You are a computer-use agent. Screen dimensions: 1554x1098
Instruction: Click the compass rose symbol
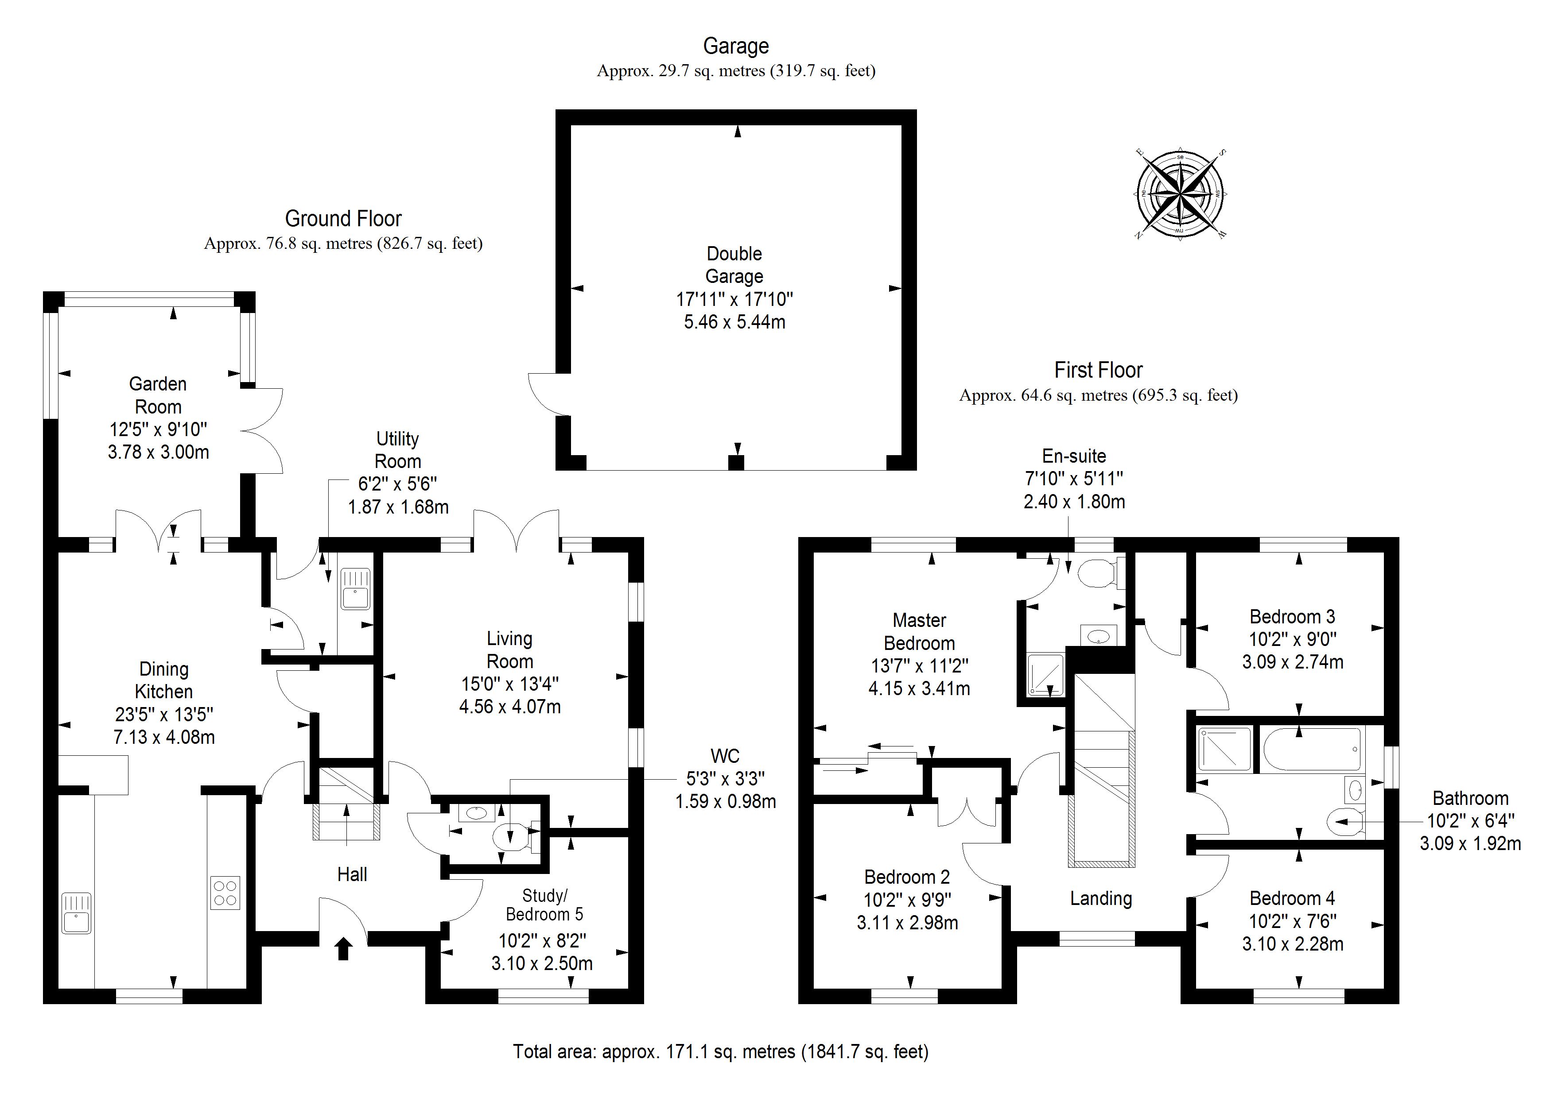pyautogui.click(x=1180, y=194)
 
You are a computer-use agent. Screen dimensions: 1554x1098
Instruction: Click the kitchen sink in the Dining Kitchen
pyautogui.click(x=77, y=913)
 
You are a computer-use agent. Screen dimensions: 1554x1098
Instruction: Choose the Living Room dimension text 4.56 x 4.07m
pyautogui.click(x=509, y=707)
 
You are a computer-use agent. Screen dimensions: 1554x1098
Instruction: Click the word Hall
pyautogui.click(x=352, y=875)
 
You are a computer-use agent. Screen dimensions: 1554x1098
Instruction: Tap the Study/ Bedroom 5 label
pyautogui.click(x=544, y=905)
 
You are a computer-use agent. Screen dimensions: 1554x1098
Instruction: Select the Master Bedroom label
pyautogui.click(x=919, y=631)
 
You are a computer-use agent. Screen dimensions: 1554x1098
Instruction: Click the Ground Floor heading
pyautogui.click(x=343, y=219)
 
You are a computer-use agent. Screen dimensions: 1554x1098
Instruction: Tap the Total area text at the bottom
pyautogui.click(x=720, y=1052)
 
